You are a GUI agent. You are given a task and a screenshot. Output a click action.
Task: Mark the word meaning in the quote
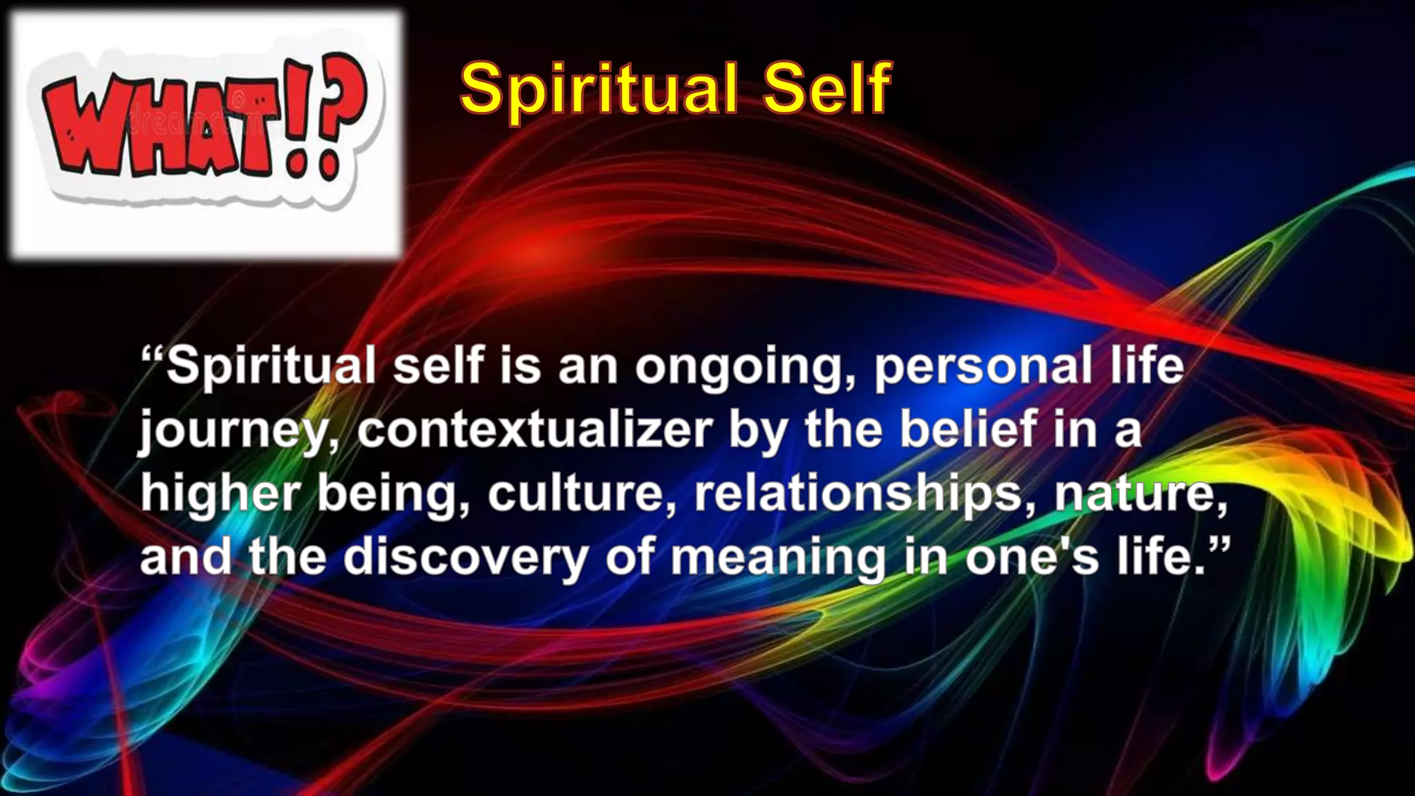click(x=777, y=558)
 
